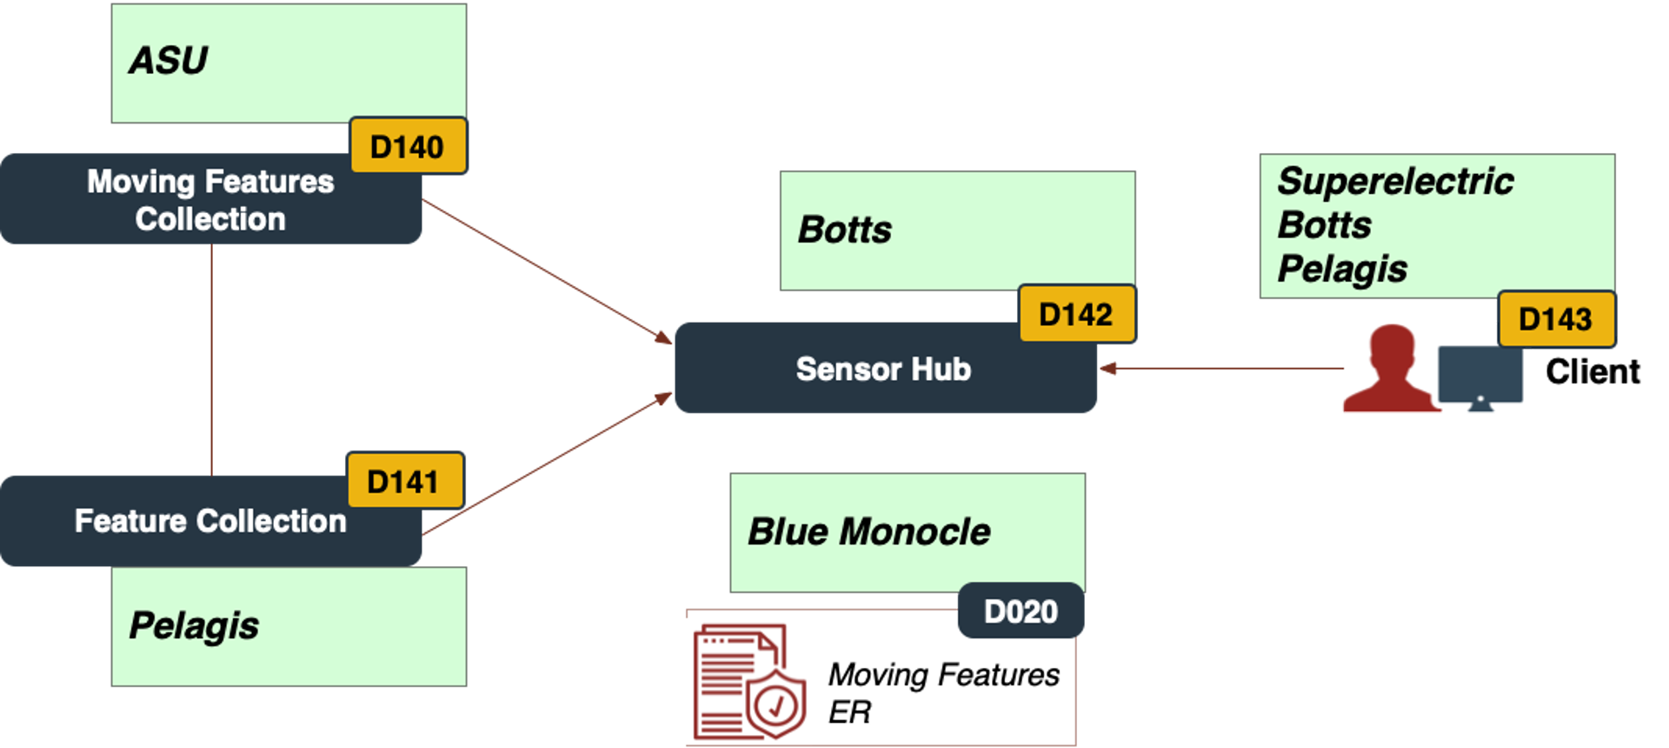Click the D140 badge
408,146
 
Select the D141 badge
404,480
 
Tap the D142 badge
1076,314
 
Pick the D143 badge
1555,319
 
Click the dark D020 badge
1021,611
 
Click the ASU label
169,61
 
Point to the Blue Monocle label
869,531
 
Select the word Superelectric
1395,182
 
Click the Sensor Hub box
884,369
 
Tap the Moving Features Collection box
210,200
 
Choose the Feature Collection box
210,521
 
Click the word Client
1593,372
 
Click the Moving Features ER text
943,692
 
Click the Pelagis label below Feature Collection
194,625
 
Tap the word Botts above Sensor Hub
845,230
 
